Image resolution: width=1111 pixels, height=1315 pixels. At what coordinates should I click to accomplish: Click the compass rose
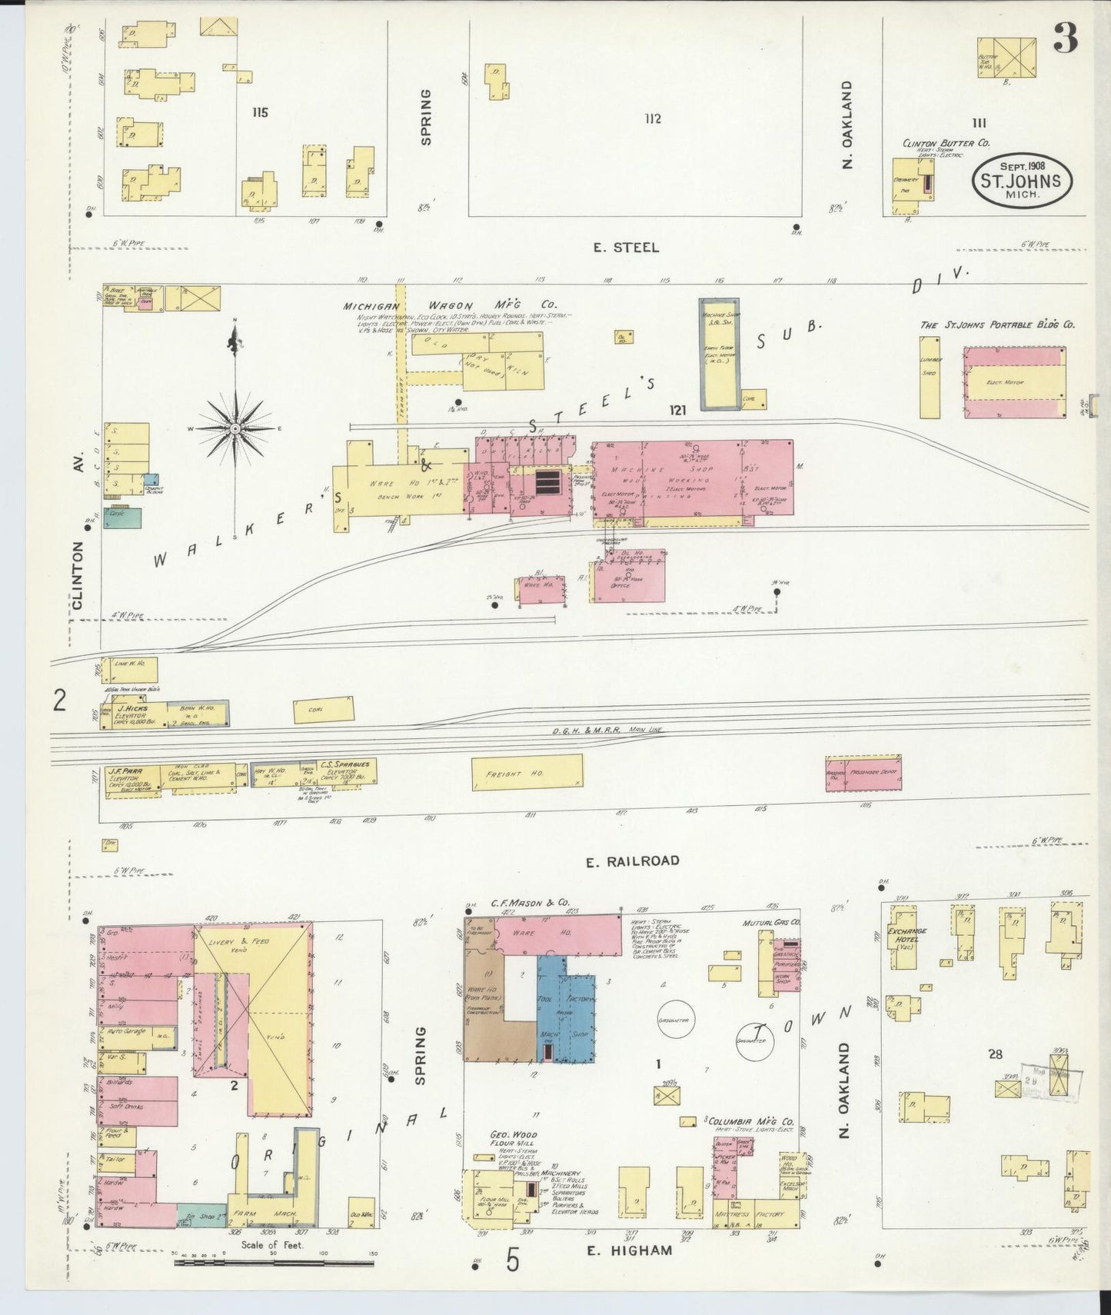tap(235, 427)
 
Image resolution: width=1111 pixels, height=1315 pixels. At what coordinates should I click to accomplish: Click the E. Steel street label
tap(626, 247)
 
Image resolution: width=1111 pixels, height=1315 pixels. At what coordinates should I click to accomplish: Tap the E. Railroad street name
tap(632, 861)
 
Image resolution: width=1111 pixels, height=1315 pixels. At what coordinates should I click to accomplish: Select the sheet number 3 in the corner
tap(1065, 38)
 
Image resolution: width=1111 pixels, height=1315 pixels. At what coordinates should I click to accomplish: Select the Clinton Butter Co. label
tap(946, 143)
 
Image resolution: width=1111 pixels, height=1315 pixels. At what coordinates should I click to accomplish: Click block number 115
tap(259, 113)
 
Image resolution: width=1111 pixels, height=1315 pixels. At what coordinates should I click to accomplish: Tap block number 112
tap(652, 118)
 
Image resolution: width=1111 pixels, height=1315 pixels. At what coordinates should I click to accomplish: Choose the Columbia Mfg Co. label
tap(751, 1123)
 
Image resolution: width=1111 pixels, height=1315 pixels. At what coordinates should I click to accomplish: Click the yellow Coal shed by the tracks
tap(324, 709)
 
